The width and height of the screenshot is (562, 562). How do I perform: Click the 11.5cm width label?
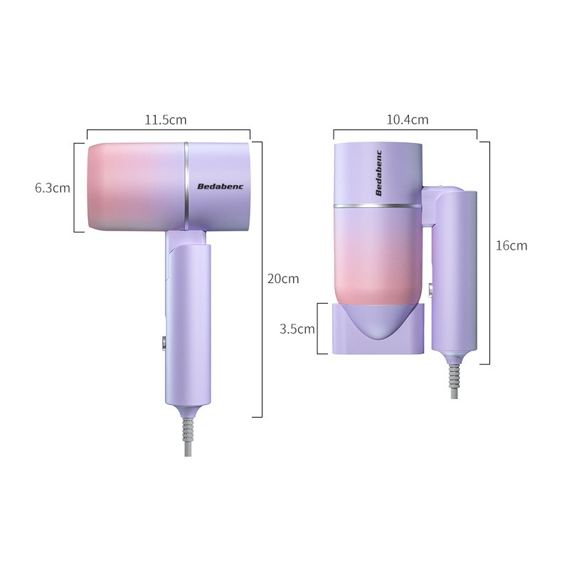point(166,120)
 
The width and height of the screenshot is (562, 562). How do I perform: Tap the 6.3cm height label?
point(53,188)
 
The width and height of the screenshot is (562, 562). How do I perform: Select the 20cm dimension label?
point(283,278)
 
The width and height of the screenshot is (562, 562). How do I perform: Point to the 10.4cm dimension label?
point(407,120)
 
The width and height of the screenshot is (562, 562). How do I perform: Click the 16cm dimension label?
point(511,245)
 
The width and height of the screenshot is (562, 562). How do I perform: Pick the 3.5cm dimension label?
point(297,329)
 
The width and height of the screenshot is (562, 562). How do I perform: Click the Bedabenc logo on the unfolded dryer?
point(220,186)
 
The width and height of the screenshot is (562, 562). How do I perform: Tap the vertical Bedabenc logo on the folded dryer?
point(379,173)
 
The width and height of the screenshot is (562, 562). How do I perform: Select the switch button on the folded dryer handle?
point(430,290)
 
